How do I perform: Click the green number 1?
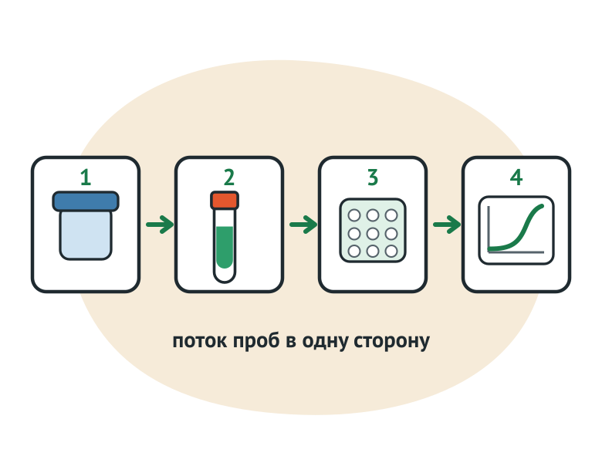[86, 177]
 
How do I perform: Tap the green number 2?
[229, 177]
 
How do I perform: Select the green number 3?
[373, 177]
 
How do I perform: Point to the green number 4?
[516, 177]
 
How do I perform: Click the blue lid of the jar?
[86, 201]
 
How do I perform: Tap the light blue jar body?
[86, 235]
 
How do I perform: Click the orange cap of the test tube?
[225, 201]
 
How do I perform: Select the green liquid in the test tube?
[225, 247]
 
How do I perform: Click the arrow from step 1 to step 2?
[160, 225]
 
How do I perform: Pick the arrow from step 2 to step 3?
[303, 225]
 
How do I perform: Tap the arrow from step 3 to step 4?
[447, 225]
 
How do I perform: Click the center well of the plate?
[373, 233]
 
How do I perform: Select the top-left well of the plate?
[354, 215]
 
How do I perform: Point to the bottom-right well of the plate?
[391, 252]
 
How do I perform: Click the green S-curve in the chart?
[519, 231]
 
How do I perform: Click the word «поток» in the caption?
[200, 341]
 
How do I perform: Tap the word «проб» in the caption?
[256, 340]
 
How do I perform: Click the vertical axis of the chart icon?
[489, 229]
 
